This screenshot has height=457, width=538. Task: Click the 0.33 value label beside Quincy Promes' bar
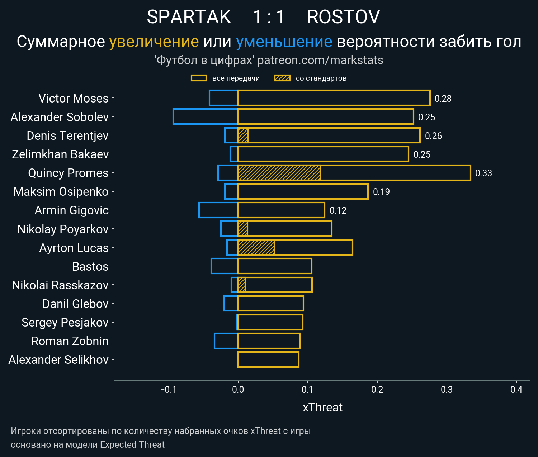[483, 173]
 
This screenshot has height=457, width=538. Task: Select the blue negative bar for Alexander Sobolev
[205, 116]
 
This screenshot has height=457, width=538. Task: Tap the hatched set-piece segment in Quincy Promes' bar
[279, 173]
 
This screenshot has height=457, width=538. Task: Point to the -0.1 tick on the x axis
[169, 390]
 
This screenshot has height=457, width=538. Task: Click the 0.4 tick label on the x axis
[516, 390]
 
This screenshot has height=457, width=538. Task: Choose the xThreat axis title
[322, 408]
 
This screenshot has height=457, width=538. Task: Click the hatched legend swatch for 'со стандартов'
[282, 78]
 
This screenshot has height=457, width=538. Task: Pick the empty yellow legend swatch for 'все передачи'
[199, 78]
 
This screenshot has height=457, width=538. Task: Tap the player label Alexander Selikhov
[58, 360]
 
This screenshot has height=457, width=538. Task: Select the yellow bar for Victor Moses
[334, 98]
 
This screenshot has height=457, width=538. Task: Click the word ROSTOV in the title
[343, 17]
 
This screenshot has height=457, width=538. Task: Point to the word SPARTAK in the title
[189, 17]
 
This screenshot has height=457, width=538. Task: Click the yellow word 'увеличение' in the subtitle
[154, 42]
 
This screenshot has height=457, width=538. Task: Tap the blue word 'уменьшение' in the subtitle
[284, 42]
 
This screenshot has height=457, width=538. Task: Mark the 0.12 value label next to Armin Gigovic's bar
[338, 210]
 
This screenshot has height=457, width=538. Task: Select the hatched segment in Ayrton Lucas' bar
[256, 247]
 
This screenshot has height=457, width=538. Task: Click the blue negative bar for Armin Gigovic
[218, 210]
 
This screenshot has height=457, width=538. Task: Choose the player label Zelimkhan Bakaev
[60, 154]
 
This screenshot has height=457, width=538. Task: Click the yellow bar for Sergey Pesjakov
[270, 322]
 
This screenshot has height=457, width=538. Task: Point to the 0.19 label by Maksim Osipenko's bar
[381, 192]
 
